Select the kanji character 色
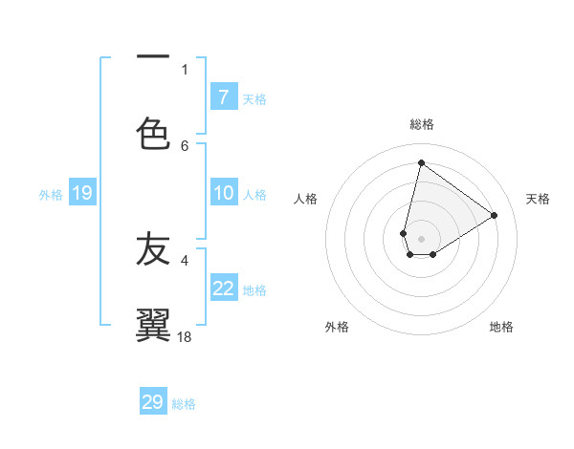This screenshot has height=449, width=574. pos(153,132)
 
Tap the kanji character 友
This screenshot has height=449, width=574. pos(153,248)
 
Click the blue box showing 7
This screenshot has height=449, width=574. pos(223,97)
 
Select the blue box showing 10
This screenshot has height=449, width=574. pos(223,193)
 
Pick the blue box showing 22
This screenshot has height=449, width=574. pos(223,289)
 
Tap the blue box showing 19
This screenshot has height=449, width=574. pos(81,194)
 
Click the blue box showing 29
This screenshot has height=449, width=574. pos(153,402)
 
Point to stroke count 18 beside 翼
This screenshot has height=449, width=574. pos(186,336)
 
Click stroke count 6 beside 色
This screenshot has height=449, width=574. pos(185,145)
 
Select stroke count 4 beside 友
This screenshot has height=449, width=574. pos(185,259)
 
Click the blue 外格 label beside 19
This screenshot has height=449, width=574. pos(51,195)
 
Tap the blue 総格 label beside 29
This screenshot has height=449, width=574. pos(184,404)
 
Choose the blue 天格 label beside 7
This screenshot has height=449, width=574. pos(254,98)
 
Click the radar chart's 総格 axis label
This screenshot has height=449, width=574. pos(421,124)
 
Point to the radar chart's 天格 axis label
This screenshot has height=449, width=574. pos(538,199)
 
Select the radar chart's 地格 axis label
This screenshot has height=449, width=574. pos(501,327)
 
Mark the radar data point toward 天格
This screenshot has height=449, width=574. pos(494,215)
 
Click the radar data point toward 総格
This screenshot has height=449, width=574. pos(421,161)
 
